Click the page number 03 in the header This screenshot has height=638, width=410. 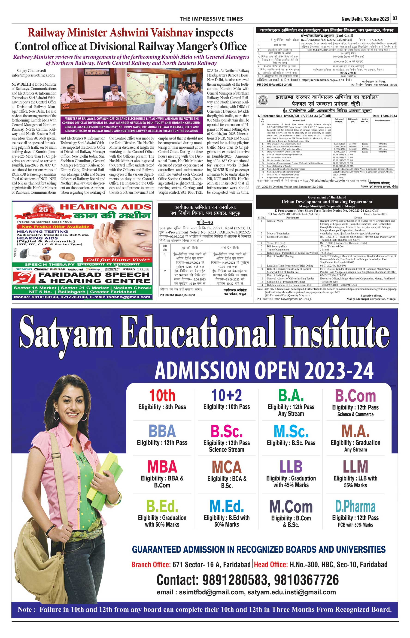pos(395,18)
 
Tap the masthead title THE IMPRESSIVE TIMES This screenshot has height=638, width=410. pos(211,19)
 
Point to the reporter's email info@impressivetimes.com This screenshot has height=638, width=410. pos(33,75)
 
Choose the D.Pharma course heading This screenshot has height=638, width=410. pos(355,507)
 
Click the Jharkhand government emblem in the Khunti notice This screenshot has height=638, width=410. pos(263,100)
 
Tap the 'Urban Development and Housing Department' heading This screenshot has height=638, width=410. pos(327,202)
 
